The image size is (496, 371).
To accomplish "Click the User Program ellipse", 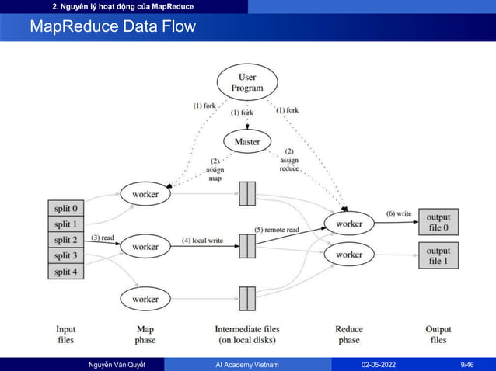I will (x=247, y=83).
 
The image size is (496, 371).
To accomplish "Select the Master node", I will (x=247, y=142).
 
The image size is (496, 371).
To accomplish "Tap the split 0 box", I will (x=65, y=209).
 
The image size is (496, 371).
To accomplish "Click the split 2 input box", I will (x=65, y=240).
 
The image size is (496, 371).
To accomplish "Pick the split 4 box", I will (x=65, y=271).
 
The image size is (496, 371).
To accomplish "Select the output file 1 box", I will (x=438, y=255).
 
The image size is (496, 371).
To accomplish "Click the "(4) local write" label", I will (x=202, y=240).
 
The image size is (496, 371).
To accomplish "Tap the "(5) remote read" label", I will (x=277, y=230).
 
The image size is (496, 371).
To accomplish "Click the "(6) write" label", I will (x=399, y=213).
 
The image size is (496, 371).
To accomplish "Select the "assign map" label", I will (x=214, y=170).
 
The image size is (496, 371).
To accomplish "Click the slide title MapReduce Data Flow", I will (x=113, y=28).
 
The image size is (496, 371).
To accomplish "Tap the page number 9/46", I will (x=468, y=363).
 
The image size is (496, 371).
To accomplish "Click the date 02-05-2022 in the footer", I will (x=382, y=363).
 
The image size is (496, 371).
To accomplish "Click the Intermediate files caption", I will (x=246, y=335).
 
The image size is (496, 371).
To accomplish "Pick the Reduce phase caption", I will (x=349, y=335).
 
